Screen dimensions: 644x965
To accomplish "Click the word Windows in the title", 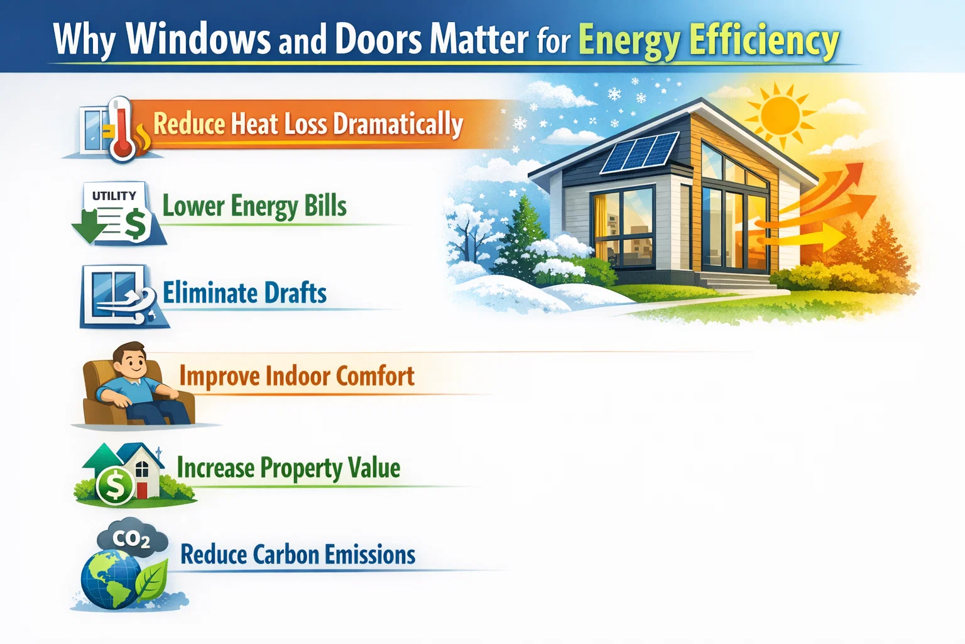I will point(198,39).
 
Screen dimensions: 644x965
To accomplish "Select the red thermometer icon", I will point(121,129).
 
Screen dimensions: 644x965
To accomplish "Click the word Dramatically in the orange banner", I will point(398,124).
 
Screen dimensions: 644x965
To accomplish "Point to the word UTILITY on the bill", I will point(114,196).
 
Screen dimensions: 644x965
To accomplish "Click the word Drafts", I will point(295,294).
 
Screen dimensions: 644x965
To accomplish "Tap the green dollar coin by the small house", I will point(115,486).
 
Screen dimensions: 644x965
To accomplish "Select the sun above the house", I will point(780,114).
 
